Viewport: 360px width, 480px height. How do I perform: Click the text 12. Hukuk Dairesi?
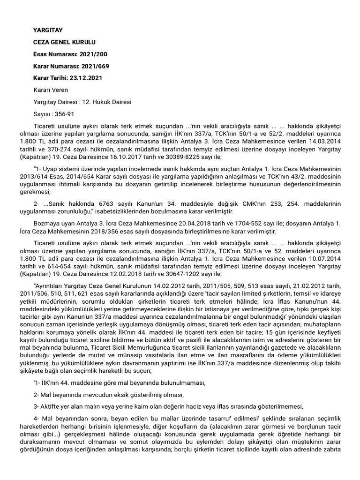[107, 102]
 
